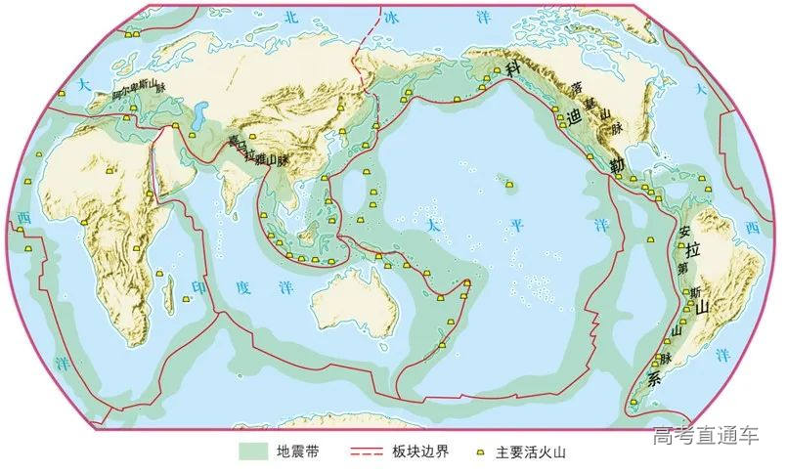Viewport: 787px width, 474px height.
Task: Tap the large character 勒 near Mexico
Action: pyautogui.click(x=617, y=165)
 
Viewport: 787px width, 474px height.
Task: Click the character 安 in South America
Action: pyautogui.click(x=685, y=232)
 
